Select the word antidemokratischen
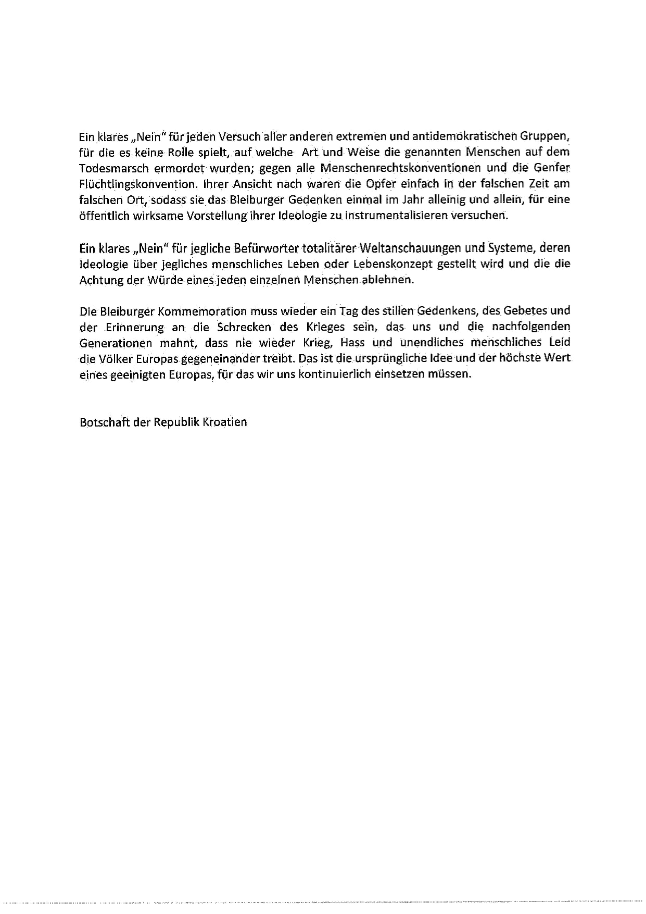tap(457, 136)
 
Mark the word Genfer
tap(553, 168)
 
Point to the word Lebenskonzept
tap(392, 264)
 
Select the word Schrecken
tap(245, 327)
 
